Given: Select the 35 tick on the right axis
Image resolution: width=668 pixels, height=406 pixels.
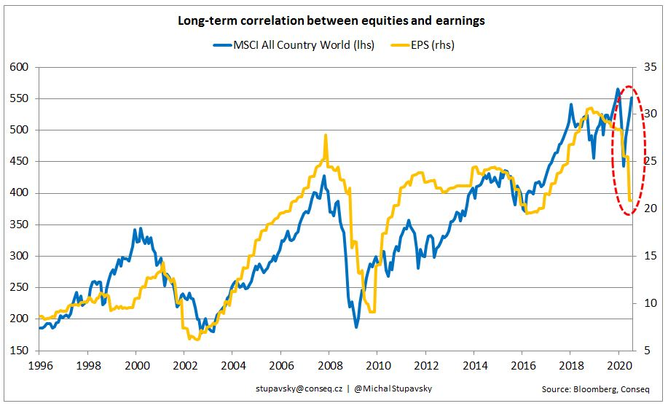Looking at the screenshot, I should [x=647, y=67].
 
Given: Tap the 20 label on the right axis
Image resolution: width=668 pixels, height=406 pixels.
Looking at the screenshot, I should [x=647, y=208].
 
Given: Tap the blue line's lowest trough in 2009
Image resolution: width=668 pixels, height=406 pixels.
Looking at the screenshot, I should [x=357, y=327].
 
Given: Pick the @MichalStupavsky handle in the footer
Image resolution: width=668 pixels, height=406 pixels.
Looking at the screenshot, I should [x=392, y=389].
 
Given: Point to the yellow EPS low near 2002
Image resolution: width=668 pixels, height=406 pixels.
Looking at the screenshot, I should [x=191, y=339].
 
